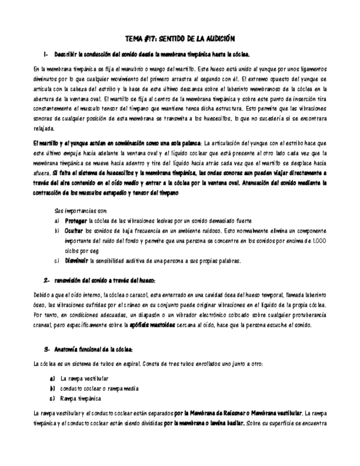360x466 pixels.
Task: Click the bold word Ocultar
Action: (74, 231)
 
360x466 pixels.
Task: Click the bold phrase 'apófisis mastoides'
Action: (153, 325)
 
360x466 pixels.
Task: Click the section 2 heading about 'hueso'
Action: (104, 280)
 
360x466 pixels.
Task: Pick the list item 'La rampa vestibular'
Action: (84, 379)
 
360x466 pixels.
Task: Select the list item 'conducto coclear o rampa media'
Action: (99, 389)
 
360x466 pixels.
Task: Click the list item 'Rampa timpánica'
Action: (80, 398)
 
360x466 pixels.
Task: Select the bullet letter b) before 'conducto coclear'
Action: (52, 389)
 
